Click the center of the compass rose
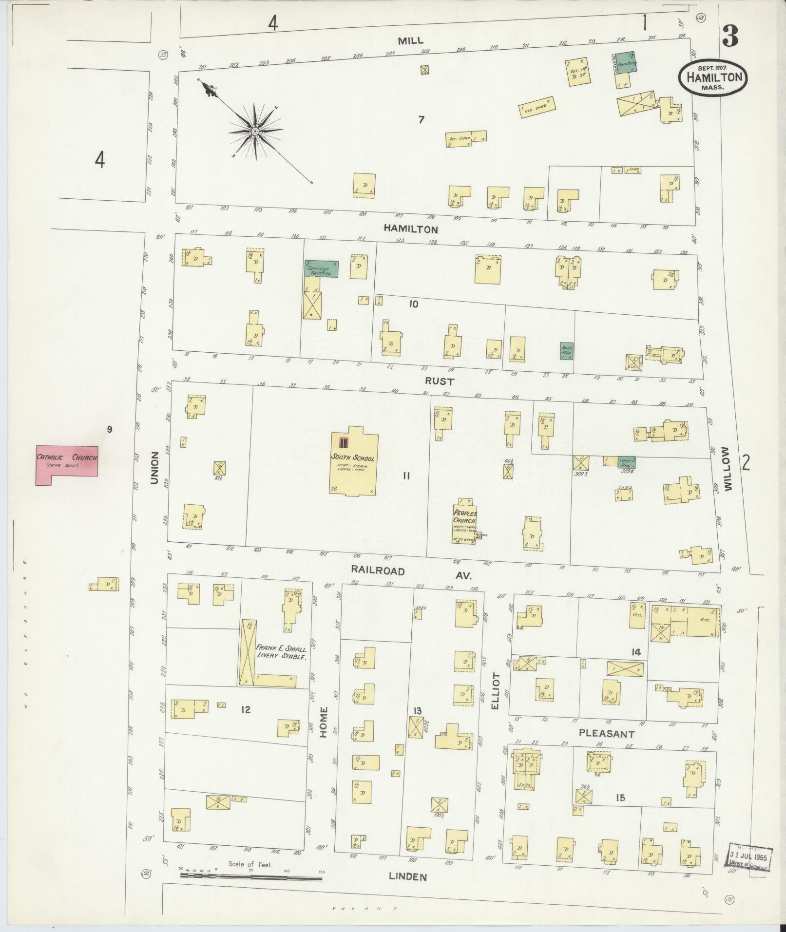tap(255, 131)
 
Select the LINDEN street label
tap(407, 876)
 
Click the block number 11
tap(406, 476)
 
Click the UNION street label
tap(154, 468)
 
